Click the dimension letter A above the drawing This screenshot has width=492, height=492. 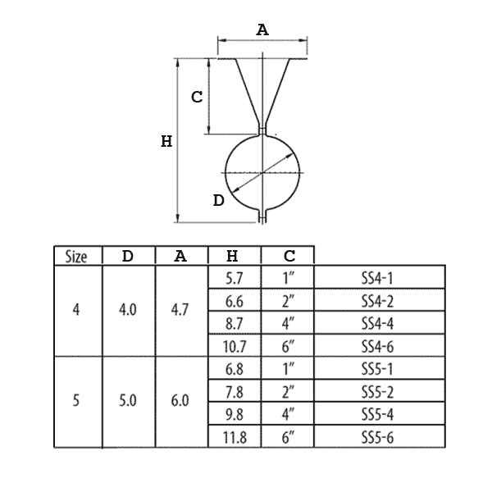262,30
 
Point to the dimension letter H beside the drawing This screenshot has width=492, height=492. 166,141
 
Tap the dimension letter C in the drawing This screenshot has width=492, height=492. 197,97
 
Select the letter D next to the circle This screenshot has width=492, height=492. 219,200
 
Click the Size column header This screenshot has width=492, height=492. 76,257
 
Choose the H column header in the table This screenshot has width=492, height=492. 232,256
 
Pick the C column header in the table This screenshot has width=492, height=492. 289,256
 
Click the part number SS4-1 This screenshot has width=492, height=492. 377,278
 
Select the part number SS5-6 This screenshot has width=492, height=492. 377,437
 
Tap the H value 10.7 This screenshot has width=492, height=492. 234,347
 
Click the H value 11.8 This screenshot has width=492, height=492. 234,437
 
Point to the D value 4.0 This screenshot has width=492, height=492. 128,310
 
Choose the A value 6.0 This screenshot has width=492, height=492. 180,401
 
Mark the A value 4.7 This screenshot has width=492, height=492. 180,310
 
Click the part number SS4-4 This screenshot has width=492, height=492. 377,324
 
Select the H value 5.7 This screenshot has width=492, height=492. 234,278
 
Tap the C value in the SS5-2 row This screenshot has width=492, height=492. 288,392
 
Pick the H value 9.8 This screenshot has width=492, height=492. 234,415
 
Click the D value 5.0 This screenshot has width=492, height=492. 128,401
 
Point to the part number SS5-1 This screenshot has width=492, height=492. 377,369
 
